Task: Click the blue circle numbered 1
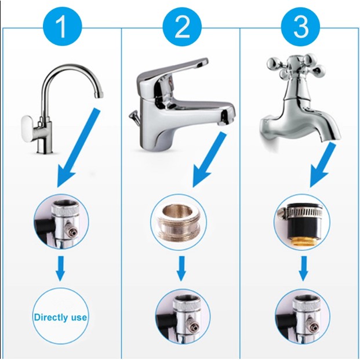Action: [x=62, y=27]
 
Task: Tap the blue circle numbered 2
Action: [x=182, y=27]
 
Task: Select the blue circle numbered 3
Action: [x=300, y=27]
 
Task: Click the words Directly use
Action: [x=60, y=317]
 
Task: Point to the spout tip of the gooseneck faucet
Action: [x=99, y=94]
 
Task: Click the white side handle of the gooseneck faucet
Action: [x=28, y=129]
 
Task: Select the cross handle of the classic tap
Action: [x=296, y=66]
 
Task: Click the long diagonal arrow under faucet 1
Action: [x=78, y=148]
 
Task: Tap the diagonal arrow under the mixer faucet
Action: [x=209, y=159]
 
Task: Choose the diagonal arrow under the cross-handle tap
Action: [x=322, y=165]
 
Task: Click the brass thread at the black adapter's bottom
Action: [x=301, y=241]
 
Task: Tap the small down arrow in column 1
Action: [x=60, y=268]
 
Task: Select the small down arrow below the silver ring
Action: [x=181, y=268]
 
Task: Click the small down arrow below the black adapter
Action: [x=303, y=268]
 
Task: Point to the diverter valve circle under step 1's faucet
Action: [x=61, y=222]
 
